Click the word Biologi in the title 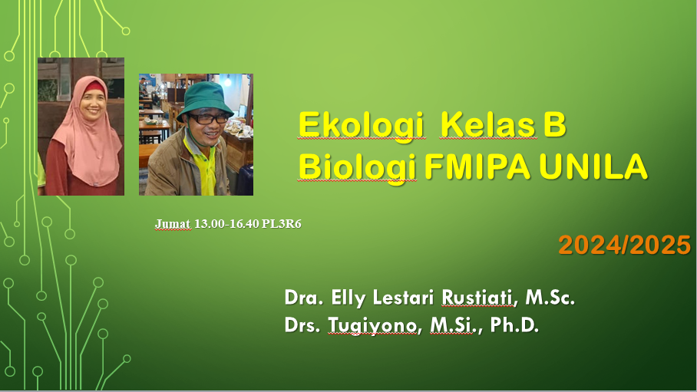pyautogui.click(x=357, y=167)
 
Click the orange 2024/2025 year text pyautogui.click(x=624, y=245)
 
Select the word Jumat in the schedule pyautogui.click(x=173, y=223)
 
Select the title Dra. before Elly pyautogui.click(x=299, y=298)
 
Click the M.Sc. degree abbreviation pyautogui.click(x=550, y=298)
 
